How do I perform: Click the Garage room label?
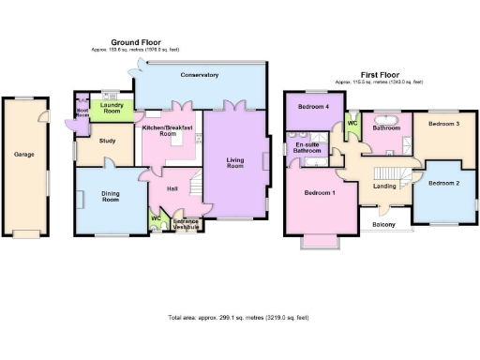click(24, 154)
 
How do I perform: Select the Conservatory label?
click(200, 74)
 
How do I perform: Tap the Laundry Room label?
click(112, 109)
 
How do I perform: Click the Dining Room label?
click(112, 196)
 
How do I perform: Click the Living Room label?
click(235, 163)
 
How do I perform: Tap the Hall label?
click(172, 188)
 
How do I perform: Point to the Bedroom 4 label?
click(313, 107)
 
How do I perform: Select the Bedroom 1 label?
click(320, 192)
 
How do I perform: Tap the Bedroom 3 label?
click(443, 124)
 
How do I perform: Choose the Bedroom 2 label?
click(443, 183)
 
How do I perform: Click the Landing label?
click(384, 186)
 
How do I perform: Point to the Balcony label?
click(384, 225)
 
